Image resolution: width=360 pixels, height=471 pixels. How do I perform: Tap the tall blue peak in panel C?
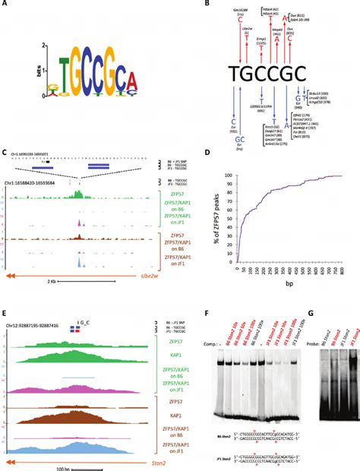point(80,261)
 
